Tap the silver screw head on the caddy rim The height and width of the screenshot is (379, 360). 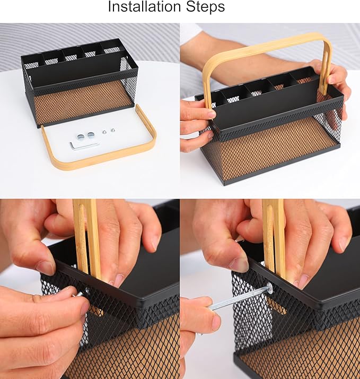(x=269, y=289)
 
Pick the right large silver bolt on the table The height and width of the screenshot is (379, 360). (x=91, y=135)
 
